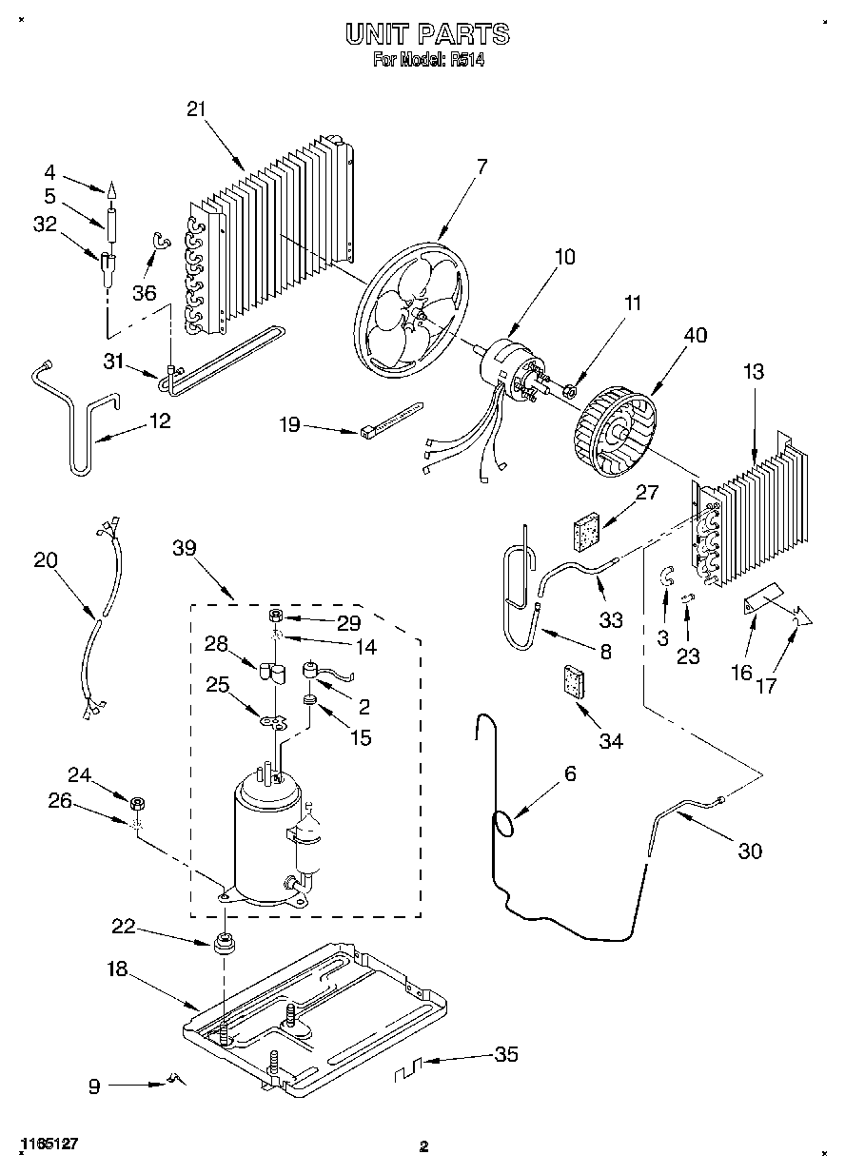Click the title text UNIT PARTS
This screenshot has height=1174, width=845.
click(x=427, y=34)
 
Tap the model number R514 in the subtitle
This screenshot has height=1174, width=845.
click(x=467, y=60)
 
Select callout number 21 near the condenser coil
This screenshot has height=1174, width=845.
click(x=197, y=109)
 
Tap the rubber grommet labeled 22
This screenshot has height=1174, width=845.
click(x=224, y=944)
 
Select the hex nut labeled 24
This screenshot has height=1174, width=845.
click(x=138, y=803)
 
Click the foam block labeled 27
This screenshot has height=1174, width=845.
click(x=587, y=532)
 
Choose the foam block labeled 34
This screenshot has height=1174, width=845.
click(x=574, y=682)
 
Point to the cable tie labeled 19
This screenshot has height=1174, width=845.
click(x=391, y=420)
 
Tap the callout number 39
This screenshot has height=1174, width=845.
click(x=184, y=548)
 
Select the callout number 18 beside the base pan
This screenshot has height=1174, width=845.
click(x=117, y=969)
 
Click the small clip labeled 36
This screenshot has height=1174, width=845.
click(x=161, y=240)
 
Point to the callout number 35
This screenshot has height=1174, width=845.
click(x=506, y=1054)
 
